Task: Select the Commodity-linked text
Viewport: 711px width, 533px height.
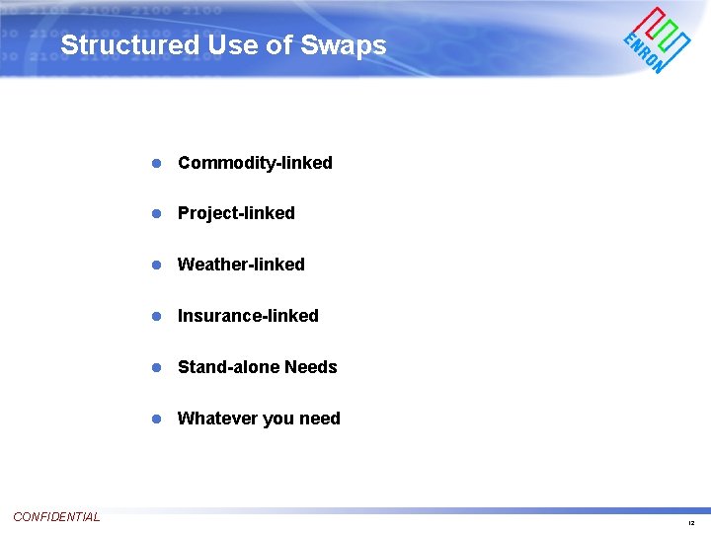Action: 255,163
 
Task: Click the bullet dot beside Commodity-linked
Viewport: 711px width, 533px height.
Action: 156,163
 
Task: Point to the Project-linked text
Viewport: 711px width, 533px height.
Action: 236,213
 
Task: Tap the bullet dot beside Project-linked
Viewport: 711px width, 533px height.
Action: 156,213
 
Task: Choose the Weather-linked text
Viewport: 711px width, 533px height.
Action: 241,265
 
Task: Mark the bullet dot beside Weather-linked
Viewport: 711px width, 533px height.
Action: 156,265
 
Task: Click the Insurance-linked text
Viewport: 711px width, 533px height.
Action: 248,316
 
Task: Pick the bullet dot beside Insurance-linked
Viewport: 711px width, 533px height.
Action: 156,316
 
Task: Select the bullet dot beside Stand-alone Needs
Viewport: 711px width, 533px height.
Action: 156,367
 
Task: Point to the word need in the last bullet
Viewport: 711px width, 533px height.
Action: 319,419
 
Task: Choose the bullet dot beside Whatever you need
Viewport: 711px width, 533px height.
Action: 156,419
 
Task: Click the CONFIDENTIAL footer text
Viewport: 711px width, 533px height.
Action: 56,517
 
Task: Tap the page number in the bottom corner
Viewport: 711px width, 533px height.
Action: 691,523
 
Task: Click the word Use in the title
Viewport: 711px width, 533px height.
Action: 230,45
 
